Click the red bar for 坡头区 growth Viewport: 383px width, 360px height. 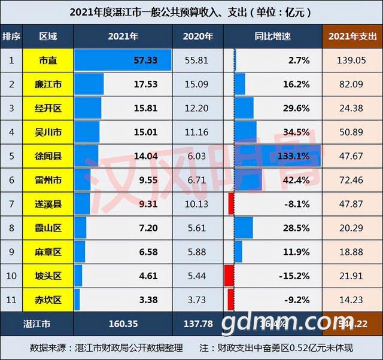coord(228,276)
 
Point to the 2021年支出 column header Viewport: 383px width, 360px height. coord(351,36)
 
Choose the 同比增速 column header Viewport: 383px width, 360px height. coord(272,36)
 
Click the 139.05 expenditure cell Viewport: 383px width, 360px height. coord(351,61)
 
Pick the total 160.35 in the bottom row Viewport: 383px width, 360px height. coord(123,324)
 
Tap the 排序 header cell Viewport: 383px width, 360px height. coord(11,36)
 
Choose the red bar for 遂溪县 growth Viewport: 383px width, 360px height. coord(230,204)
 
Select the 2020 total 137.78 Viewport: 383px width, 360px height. coord(197,324)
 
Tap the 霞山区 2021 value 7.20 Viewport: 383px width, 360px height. coord(146,228)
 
